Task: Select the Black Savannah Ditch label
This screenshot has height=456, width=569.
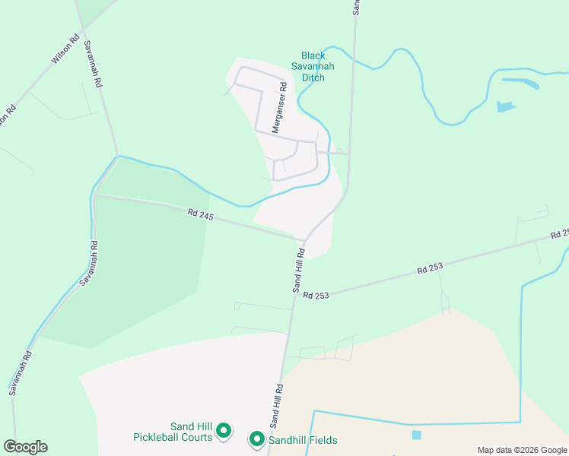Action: click(313, 67)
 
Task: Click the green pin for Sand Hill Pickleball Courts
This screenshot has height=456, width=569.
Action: click(224, 432)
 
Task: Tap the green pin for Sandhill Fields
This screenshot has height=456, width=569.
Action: click(257, 439)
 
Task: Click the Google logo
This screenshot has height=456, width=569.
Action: click(26, 447)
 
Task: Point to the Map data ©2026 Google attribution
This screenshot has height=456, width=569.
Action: click(521, 450)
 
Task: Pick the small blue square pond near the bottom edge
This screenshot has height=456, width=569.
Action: click(416, 435)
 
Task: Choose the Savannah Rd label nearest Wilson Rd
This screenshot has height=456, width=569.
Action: click(93, 65)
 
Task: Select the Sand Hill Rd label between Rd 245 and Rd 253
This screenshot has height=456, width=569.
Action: click(299, 270)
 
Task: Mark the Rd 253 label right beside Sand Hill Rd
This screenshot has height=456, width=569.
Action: click(316, 295)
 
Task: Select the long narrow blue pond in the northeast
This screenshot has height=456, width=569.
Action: click(520, 81)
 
